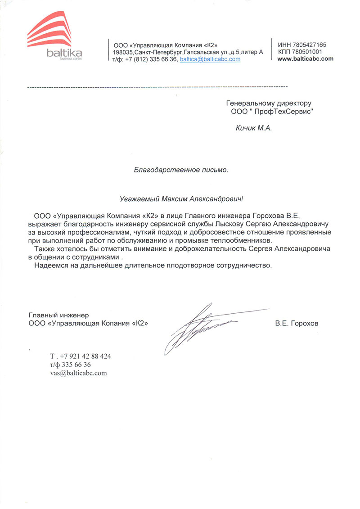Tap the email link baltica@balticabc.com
210,59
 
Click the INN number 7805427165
308,45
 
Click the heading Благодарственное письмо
181,170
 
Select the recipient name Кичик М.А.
254,128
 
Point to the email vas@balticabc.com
78,373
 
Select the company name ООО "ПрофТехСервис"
269,112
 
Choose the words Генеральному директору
269,103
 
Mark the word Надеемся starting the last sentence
49,266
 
